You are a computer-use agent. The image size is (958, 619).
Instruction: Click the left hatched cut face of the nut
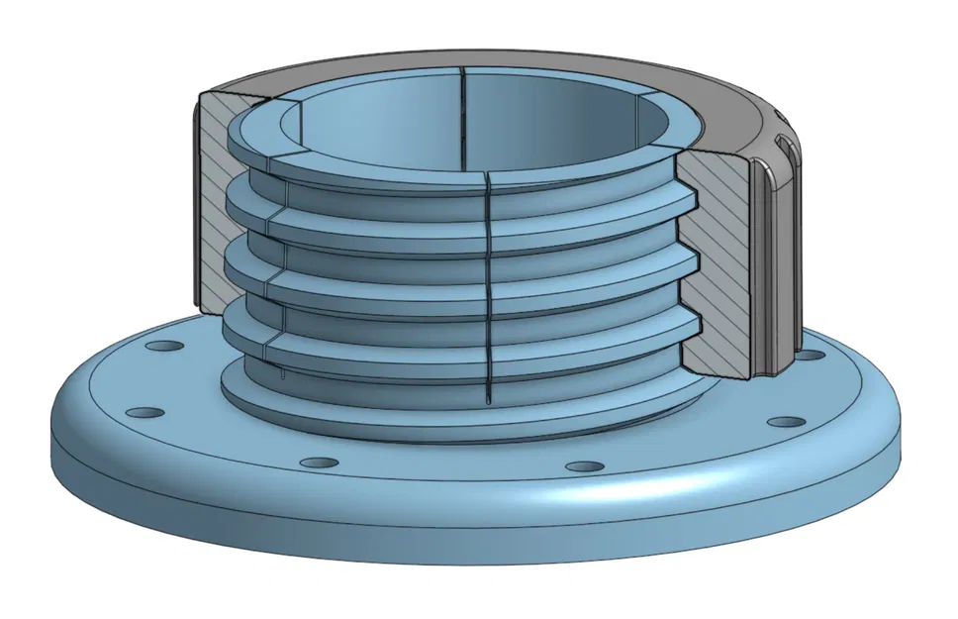click(212, 198)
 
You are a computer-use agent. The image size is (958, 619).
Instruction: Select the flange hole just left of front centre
click(318, 463)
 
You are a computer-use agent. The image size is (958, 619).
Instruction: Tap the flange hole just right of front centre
click(585, 465)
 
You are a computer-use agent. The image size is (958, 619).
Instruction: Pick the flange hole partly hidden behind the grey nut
click(811, 355)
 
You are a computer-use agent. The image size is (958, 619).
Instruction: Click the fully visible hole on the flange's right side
click(786, 422)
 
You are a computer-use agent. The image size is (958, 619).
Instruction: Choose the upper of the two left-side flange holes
click(163, 348)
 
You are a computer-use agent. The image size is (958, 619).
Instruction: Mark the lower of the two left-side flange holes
click(144, 410)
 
